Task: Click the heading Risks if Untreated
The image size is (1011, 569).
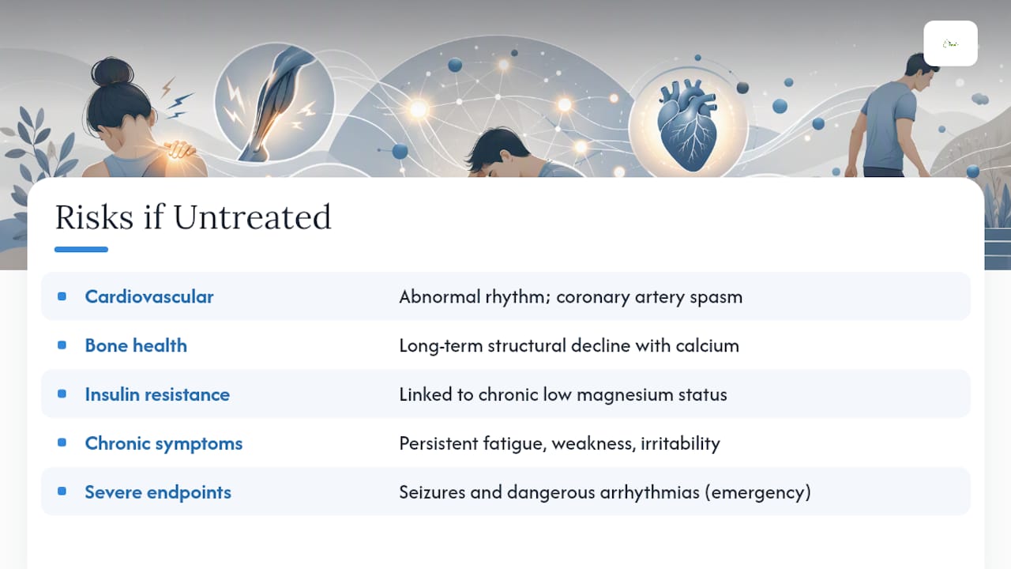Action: [194, 217]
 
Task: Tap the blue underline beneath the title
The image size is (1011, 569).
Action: [81, 249]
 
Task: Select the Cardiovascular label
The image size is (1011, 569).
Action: [149, 296]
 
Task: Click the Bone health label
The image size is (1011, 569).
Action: [136, 345]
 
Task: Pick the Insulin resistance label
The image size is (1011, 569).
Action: [157, 394]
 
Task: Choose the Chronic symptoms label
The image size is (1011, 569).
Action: [163, 443]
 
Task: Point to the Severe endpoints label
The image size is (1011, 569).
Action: [158, 492]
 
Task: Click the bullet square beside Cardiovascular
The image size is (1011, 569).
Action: [62, 296]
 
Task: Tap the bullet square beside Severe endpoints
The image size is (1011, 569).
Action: [62, 492]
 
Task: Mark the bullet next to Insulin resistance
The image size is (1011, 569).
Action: [62, 394]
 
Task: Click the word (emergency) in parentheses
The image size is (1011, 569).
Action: [757, 492]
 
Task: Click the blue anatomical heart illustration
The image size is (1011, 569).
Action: [687, 125]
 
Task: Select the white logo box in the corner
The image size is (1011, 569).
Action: [950, 43]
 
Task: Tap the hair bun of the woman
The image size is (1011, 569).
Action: [112, 72]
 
